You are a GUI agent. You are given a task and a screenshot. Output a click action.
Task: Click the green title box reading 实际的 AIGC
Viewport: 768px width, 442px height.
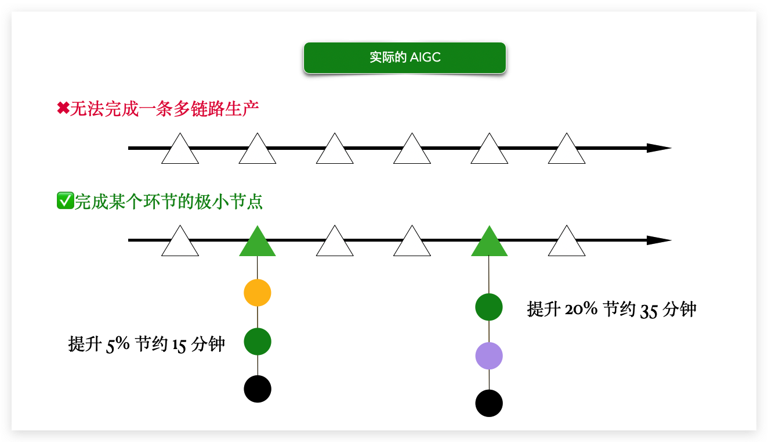(405, 58)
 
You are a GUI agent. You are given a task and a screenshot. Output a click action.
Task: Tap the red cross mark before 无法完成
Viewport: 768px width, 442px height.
(63, 109)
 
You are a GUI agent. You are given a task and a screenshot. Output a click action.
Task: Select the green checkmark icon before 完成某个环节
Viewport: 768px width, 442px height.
(64, 201)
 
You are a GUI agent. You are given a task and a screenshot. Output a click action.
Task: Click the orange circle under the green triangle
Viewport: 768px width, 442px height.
(258, 293)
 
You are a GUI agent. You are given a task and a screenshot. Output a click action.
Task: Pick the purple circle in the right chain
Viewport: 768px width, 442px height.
(489, 356)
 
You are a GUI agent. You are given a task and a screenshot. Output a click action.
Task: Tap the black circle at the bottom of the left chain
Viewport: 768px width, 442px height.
(258, 389)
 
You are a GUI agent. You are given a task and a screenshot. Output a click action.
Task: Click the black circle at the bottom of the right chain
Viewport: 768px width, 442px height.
(489, 403)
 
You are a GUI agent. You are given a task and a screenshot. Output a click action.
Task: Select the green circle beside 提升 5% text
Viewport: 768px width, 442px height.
(258, 341)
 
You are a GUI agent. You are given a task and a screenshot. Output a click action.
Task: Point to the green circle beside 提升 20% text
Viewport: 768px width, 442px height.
(489, 307)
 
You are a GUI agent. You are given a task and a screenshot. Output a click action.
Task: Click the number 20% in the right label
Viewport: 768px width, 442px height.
(581, 309)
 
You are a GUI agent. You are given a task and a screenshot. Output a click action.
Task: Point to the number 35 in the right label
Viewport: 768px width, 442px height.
(649, 310)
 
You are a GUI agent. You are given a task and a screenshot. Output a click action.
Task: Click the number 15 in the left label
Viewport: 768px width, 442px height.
(179, 345)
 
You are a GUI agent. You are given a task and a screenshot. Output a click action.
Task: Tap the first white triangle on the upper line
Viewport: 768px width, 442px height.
(180, 151)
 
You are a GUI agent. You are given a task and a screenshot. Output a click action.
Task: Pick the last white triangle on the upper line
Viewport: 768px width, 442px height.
(567, 151)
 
